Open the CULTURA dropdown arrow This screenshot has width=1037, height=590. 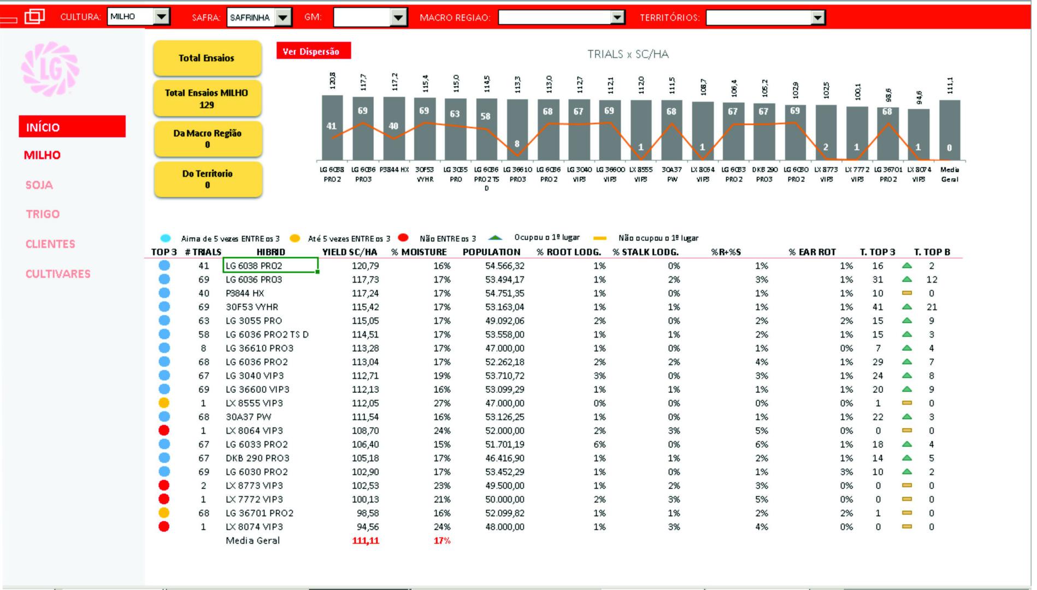(x=162, y=17)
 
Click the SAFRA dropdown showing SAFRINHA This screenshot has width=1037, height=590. (x=258, y=17)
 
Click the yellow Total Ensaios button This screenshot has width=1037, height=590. (x=207, y=58)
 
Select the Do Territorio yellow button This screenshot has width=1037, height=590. (x=208, y=179)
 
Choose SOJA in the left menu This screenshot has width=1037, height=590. (x=39, y=185)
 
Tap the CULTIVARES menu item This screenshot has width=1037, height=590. (x=58, y=274)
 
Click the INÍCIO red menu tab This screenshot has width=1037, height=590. (x=72, y=127)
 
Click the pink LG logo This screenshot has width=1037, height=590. (x=50, y=69)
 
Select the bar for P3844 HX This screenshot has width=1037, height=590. (x=394, y=128)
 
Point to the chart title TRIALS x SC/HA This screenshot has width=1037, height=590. (x=628, y=54)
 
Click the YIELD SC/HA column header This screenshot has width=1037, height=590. (x=350, y=252)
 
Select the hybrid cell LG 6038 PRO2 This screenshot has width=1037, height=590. (x=270, y=266)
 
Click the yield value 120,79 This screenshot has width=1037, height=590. (x=366, y=266)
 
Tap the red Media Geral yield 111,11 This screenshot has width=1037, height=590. (x=366, y=541)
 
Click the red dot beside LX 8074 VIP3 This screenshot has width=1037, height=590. (x=164, y=527)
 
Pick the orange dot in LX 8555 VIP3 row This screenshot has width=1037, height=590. (x=164, y=403)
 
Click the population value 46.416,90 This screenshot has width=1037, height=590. (x=505, y=458)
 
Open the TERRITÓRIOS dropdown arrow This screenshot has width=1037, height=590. (x=817, y=18)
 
